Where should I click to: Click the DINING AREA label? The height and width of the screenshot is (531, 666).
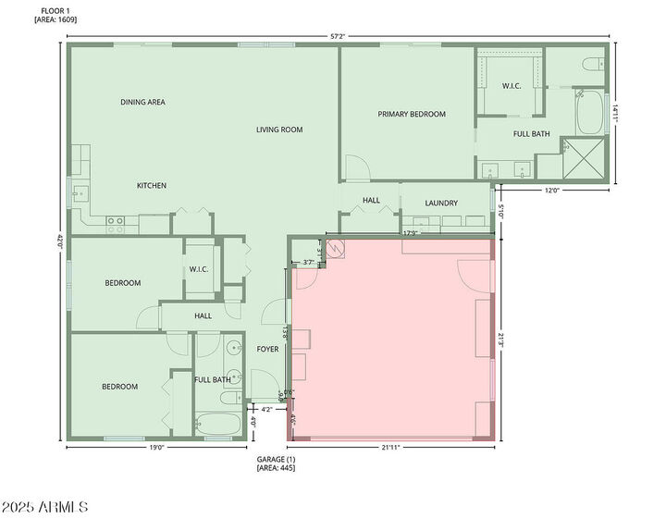142,102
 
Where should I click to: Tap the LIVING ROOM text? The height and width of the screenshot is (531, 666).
279,130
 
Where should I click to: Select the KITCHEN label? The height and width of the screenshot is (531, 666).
152,186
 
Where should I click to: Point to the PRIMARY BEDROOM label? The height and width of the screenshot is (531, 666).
412,115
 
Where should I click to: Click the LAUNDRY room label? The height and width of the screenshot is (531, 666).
442,204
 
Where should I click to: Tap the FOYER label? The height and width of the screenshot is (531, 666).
267,349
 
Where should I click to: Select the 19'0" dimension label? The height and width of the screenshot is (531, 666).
155,448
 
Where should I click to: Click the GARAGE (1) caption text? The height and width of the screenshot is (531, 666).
276,460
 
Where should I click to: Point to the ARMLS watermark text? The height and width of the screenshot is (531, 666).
44,507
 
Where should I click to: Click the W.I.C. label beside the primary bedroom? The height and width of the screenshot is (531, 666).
512,86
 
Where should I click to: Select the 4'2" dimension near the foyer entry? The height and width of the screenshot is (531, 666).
267,409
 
